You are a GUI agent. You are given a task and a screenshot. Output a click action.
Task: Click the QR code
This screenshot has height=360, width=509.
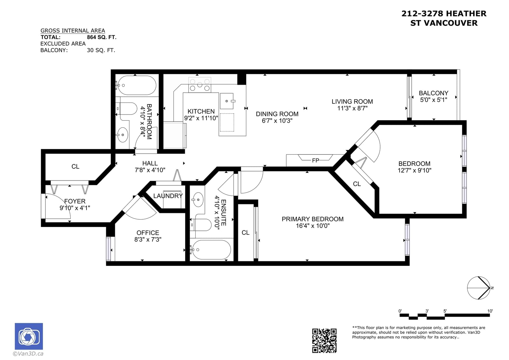324,341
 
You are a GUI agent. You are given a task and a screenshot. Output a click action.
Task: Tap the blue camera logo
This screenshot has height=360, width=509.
29,336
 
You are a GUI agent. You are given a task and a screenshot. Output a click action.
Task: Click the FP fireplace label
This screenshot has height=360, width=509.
315,160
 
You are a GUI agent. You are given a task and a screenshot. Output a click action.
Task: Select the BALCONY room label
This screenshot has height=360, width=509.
434,93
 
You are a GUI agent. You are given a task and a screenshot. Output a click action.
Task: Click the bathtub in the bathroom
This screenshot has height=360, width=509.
136,85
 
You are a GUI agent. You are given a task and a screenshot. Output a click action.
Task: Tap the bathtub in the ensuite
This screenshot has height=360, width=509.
211,250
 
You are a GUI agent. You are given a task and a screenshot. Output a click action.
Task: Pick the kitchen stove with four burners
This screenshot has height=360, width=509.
200,85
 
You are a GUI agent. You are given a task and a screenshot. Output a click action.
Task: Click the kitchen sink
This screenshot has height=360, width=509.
227,101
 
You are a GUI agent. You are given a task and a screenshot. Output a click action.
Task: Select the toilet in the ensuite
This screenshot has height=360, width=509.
201,225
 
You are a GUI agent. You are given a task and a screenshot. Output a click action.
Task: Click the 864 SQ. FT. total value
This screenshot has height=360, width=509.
101,37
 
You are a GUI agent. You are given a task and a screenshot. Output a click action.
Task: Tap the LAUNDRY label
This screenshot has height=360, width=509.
168,196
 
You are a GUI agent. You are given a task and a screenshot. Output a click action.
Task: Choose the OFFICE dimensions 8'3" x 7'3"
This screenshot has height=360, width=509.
148,239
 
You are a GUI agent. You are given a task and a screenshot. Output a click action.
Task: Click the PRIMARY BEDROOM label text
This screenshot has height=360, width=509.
313,219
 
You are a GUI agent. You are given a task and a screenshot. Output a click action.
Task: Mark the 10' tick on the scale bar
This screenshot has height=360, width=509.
490,311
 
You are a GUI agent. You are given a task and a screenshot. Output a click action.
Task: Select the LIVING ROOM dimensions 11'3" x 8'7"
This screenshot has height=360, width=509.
352,108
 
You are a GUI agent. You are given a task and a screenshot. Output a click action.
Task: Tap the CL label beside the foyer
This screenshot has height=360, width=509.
75,166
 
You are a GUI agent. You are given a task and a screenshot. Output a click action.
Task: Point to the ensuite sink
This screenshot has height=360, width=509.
198,200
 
